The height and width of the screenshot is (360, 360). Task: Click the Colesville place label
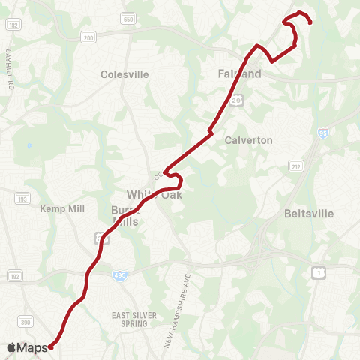click(x=124, y=74)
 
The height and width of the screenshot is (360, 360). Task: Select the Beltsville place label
click(x=308, y=214)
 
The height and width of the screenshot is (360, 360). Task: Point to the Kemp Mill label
click(x=63, y=208)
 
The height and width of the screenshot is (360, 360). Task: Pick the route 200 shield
click(x=88, y=38)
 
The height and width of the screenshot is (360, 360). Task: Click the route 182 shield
click(x=13, y=25)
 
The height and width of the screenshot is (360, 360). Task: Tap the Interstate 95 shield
click(x=322, y=133)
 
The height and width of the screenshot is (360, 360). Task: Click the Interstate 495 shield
click(x=120, y=276)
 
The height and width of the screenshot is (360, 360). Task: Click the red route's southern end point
click(x=50, y=346)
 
